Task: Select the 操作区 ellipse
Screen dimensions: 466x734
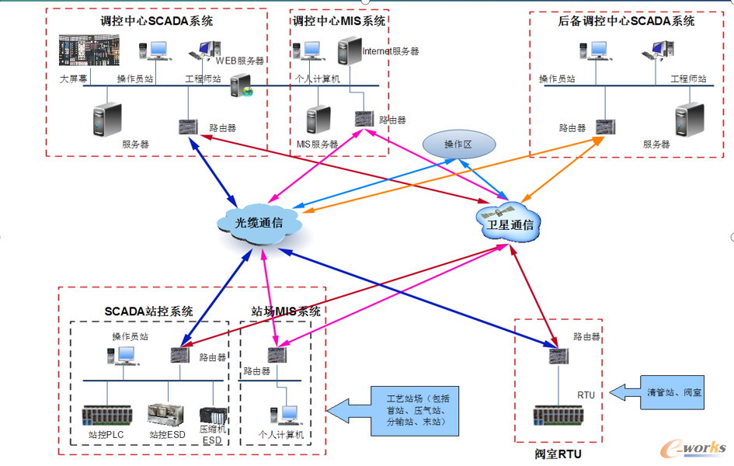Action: pyautogui.click(x=457, y=144)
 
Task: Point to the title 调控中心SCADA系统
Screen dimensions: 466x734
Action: pyautogui.click(x=157, y=21)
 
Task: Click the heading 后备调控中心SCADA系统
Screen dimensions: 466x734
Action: pyautogui.click(x=626, y=21)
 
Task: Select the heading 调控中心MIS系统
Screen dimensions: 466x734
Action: pyautogui.click(x=339, y=21)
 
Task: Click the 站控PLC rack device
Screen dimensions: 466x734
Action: pyautogui.click(x=107, y=414)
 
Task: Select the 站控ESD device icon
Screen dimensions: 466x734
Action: pyautogui.click(x=164, y=414)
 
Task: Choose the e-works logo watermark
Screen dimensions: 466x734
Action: pyautogui.click(x=693, y=447)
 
